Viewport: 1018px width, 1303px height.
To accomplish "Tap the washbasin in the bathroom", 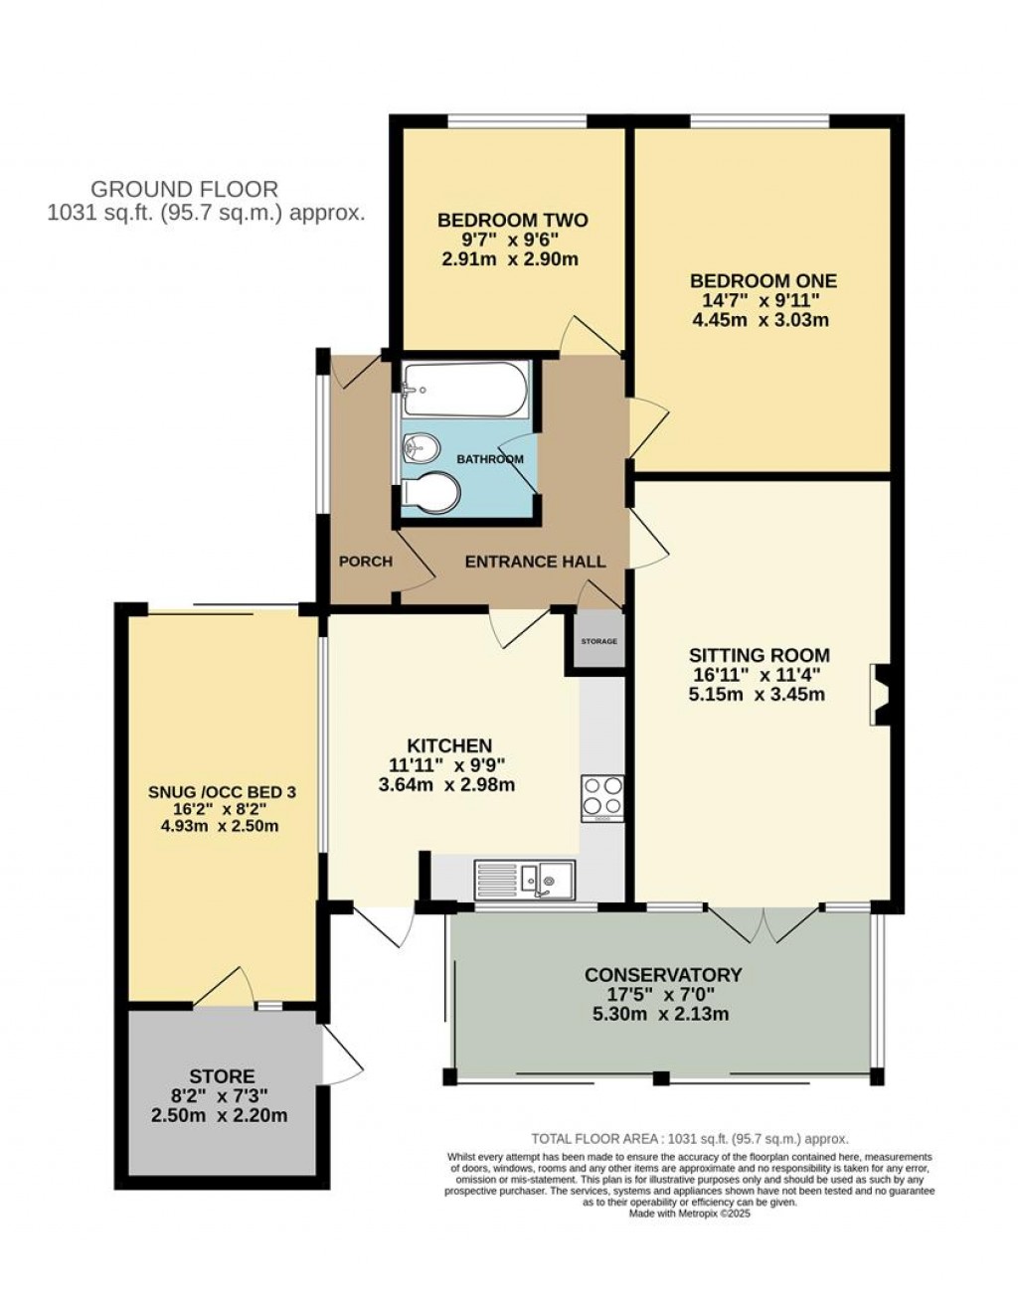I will click(421, 450).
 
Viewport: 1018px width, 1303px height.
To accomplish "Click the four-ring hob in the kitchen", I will click(602, 797).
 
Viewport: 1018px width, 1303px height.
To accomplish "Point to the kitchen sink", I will click(526, 879).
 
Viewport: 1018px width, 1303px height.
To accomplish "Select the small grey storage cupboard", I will click(597, 643).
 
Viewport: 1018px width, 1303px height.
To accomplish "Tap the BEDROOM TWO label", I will click(512, 221).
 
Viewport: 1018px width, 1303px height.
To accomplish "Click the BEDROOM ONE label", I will click(763, 281).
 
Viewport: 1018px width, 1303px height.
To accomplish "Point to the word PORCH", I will click(365, 562).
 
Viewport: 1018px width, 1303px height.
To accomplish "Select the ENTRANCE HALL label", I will click(535, 562).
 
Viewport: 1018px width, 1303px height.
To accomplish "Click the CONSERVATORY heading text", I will click(662, 974).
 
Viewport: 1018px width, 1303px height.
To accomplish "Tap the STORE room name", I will click(222, 1076).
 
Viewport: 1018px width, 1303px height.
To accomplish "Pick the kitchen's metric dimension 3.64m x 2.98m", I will click(447, 785).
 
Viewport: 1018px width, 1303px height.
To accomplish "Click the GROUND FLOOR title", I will click(184, 189).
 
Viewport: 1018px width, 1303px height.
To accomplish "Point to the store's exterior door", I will click(339, 1057).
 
